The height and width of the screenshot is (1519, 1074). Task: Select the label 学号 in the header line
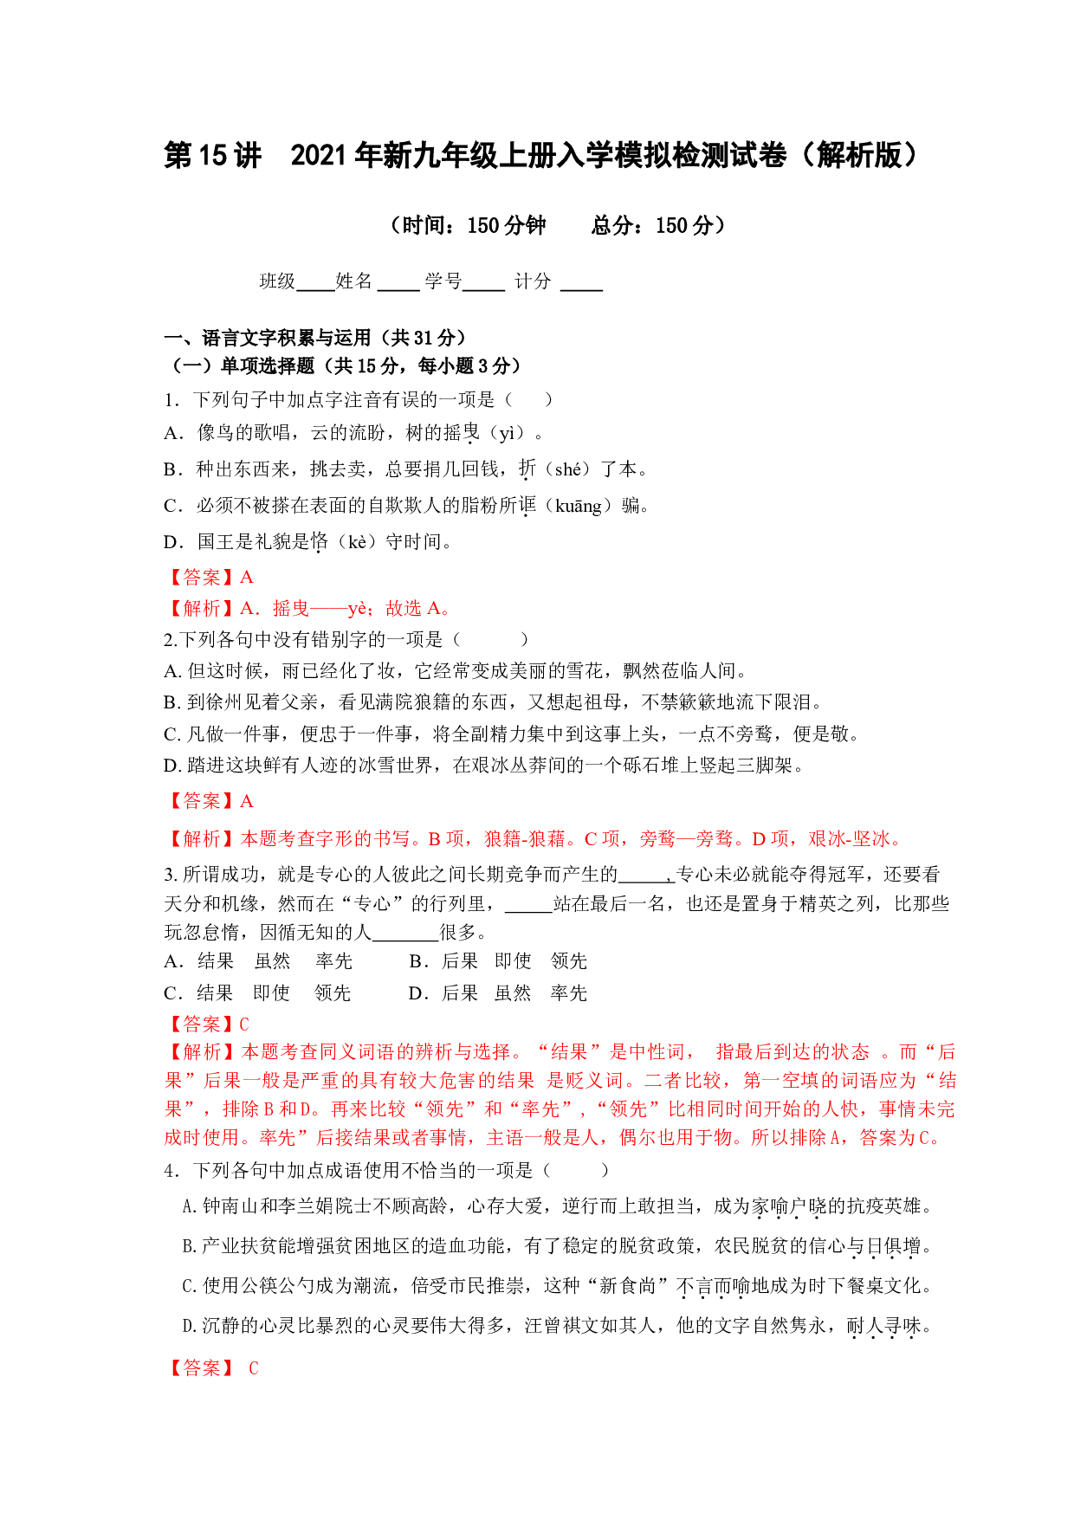443,281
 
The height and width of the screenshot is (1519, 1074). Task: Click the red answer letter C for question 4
253,1368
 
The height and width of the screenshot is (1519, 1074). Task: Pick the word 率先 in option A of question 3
334,961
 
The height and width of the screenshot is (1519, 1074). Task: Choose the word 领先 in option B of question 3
569,961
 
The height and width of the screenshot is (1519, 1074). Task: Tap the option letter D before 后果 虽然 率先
415,993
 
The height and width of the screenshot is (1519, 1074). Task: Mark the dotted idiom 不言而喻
713,1287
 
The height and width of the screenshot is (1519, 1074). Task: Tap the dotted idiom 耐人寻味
884,1327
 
